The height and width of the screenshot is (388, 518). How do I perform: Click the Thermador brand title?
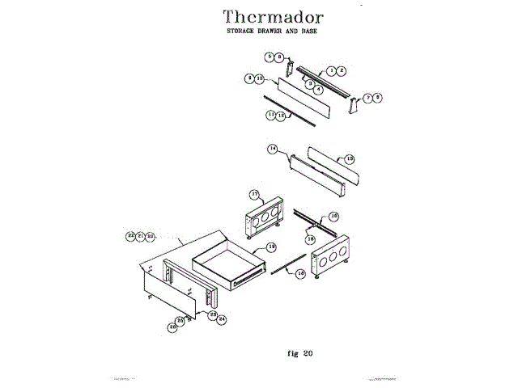273,17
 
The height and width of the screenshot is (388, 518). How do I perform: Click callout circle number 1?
331,71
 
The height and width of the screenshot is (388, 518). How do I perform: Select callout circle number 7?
367,98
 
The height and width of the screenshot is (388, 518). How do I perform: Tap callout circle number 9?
250,78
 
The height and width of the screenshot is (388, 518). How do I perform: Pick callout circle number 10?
259,78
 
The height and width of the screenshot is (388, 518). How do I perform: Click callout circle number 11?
271,116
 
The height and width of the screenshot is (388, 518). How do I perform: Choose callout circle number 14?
273,149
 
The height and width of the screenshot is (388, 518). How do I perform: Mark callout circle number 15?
350,158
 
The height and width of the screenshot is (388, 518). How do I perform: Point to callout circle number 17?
253,195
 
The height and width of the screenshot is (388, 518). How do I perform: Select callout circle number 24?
221,318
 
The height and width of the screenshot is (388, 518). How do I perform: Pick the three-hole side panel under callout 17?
264,217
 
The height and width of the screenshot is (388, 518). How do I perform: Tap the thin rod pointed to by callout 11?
291,115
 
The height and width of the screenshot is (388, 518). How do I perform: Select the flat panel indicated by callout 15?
333,167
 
